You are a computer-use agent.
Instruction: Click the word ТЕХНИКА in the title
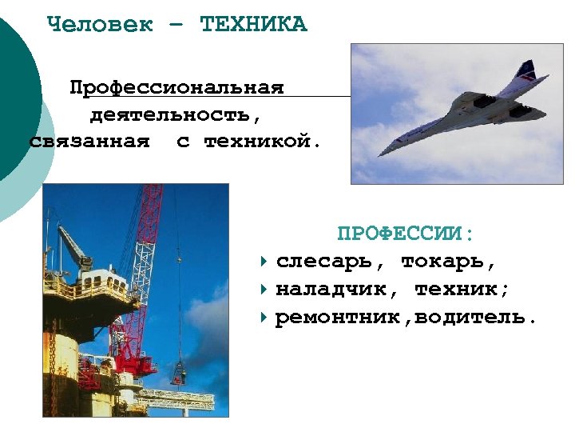pyautogui.click(x=253, y=24)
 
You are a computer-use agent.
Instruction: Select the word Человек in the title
pyautogui.click(x=100, y=24)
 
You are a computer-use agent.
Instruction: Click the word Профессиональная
pyautogui.click(x=176, y=86)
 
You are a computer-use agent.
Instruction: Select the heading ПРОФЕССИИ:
pyautogui.click(x=406, y=234)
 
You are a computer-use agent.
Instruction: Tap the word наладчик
pyautogui.click(x=336, y=289)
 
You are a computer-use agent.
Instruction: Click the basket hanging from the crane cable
pyautogui.click(x=179, y=375)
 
